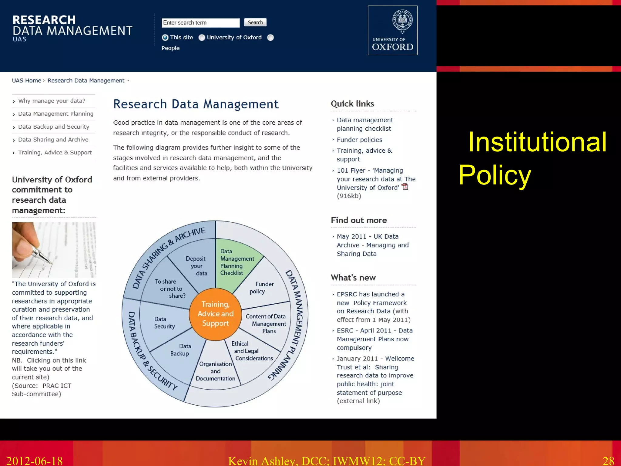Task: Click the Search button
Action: pos(255,22)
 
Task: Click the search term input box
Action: pos(200,23)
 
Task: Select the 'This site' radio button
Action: pos(165,38)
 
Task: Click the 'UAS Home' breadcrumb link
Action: pos(26,81)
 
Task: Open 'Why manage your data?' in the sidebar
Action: pos(52,101)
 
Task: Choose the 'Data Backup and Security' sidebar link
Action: pos(53,127)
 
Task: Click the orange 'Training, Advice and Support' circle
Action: pos(215,314)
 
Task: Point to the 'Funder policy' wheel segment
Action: pos(261,288)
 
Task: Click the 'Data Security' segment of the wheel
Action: pos(164,322)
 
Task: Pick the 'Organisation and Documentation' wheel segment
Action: pos(215,371)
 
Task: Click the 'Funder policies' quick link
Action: pos(359,140)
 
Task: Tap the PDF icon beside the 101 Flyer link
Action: pos(405,187)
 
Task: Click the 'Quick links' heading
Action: pos(352,104)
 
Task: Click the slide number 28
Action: pos(608,461)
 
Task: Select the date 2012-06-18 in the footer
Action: pos(34,461)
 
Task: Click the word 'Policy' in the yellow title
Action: pos(495,175)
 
